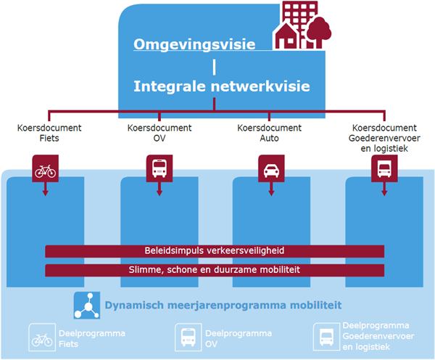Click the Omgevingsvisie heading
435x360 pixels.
[x=194, y=44]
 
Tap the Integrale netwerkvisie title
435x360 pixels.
[x=222, y=86]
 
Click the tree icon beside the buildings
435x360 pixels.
[x=319, y=33]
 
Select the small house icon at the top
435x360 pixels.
[x=286, y=37]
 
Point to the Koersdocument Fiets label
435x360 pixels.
[x=49, y=133]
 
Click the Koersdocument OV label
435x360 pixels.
[x=159, y=133]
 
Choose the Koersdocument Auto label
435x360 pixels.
[x=270, y=133]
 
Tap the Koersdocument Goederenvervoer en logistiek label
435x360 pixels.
[x=384, y=138]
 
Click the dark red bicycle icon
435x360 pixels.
[x=45, y=168]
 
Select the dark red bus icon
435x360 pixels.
[x=159, y=168]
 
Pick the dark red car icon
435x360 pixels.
[x=271, y=168]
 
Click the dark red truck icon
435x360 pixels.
[x=384, y=168]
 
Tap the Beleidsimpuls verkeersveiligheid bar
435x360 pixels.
[x=215, y=251]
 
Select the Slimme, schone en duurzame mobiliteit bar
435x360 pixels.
[x=215, y=270]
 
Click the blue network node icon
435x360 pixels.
[x=87, y=306]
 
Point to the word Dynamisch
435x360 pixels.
[x=134, y=306]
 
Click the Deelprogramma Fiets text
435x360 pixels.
[x=92, y=339]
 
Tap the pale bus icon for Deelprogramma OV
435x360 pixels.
[x=188, y=337]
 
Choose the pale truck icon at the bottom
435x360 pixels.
[x=326, y=337]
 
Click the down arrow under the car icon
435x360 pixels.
[x=271, y=189]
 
